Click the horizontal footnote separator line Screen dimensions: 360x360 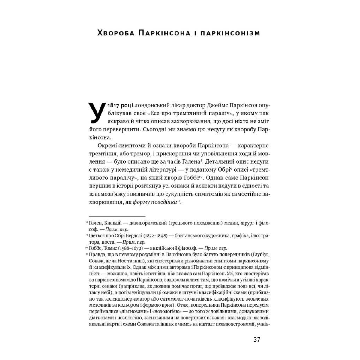point(117,216)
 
